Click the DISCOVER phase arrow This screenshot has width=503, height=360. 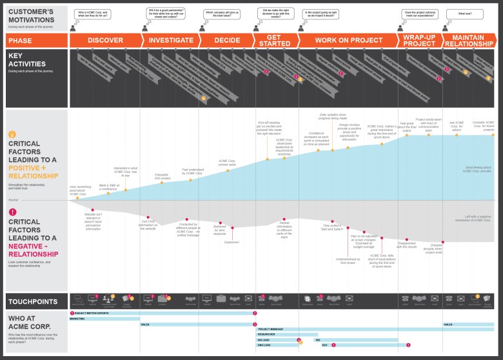pos(105,40)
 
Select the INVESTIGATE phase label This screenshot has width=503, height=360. pos(171,40)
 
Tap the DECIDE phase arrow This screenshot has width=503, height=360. pos(227,40)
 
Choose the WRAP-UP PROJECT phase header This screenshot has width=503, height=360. pos(419,40)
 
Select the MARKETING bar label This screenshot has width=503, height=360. pos(77,319)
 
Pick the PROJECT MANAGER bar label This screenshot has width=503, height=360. pos(270,329)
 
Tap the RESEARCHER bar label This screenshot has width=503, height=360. pos(267,334)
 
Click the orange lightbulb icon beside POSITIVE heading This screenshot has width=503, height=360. pos(12,134)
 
